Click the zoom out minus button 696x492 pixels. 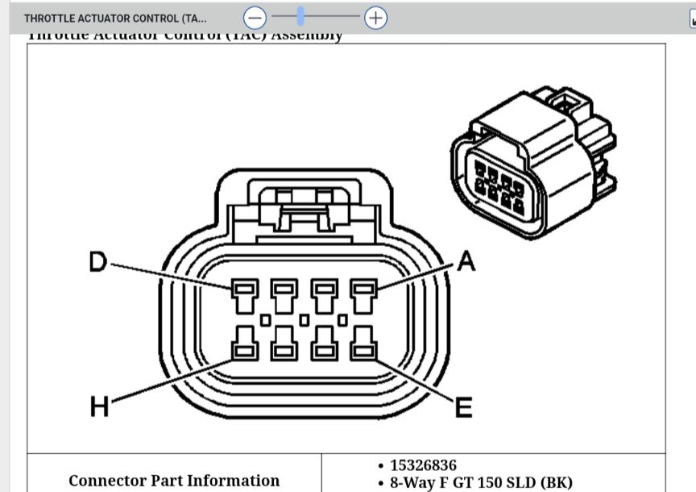click(255, 17)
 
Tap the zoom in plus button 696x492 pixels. click(375, 17)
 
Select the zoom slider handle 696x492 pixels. click(300, 16)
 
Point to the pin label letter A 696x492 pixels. click(466, 261)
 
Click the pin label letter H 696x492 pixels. click(98, 408)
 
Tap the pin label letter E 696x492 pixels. click(464, 408)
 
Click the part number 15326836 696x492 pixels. click(423, 465)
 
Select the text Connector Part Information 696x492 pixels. click(174, 481)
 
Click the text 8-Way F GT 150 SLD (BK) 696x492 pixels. click(481, 483)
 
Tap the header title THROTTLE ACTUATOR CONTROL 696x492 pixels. click(114, 18)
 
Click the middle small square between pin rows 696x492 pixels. click(304, 320)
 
